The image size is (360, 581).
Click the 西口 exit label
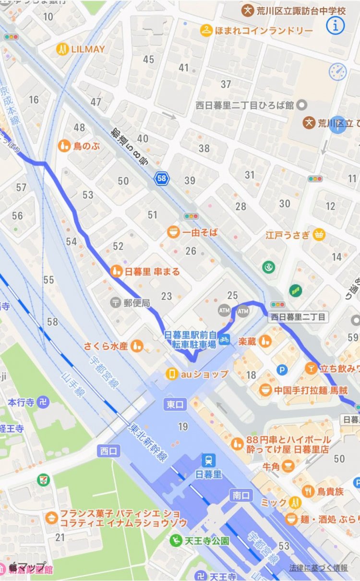tap(108, 451)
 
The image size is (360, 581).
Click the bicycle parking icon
tap(224, 339)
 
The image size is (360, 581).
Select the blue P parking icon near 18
tap(283, 369)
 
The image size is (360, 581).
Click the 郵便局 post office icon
tap(116, 303)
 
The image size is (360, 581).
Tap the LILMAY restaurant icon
tap(62, 49)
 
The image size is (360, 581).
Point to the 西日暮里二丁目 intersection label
tap(298, 317)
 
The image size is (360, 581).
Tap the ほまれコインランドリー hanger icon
tap(206, 30)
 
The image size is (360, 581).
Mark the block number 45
tap(149, 59)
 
